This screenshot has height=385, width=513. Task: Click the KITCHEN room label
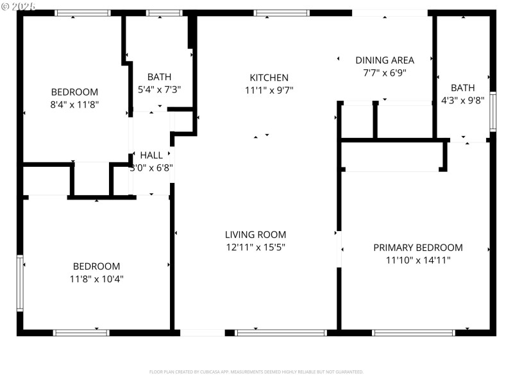(x=269, y=78)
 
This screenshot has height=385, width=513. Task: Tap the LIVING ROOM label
(x=255, y=235)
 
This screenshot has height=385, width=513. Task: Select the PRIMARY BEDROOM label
(x=417, y=248)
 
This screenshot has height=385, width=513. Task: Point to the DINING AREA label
(x=385, y=60)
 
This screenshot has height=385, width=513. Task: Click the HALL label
(x=151, y=155)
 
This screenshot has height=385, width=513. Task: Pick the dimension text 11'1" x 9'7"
(x=269, y=90)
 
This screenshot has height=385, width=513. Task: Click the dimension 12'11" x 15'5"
(x=255, y=247)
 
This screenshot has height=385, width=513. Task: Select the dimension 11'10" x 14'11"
(x=417, y=260)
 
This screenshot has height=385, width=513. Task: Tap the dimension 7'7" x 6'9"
(x=385, y=73)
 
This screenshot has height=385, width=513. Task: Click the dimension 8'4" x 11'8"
(x=74, y=104)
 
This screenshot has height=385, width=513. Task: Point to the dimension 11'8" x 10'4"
(x=96, y=278)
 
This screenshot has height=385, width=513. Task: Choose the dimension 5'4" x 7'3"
(x=160, y=90)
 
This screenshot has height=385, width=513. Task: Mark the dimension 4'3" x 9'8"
(x=463, y=100)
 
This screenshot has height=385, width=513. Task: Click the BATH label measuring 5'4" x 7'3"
(x=160, y=77)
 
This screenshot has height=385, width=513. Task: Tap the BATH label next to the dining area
(x=463, y=88)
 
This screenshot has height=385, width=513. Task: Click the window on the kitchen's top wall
(x=282, y=13)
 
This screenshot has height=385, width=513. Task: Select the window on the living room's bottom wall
(x=281, y=332)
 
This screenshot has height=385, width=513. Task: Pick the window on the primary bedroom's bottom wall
(x=414, y=332)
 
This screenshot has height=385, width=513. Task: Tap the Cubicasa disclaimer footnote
(x=256, y=372)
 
